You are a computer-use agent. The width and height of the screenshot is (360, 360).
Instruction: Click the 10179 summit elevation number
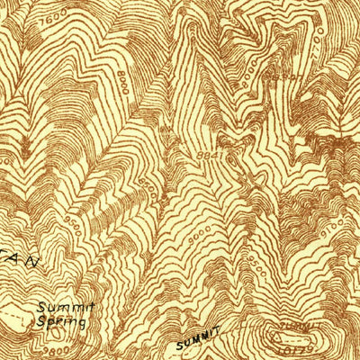point(294,349)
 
